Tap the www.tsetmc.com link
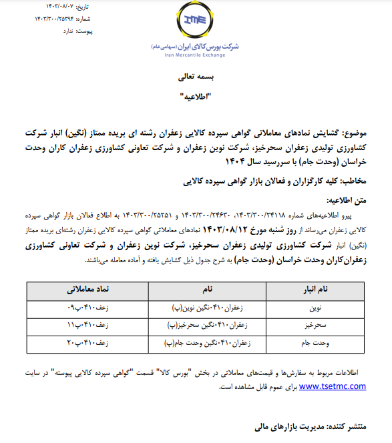click(332, 386)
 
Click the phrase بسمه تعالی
click(196, 77)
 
